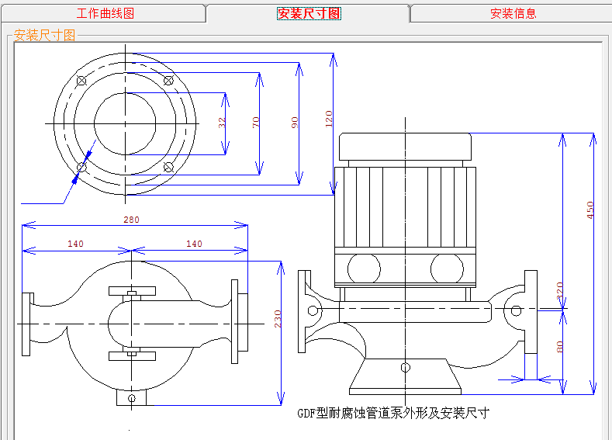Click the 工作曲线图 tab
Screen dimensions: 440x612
click(x=105, y=13)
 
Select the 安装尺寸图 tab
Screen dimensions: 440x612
click(x=309, y=13)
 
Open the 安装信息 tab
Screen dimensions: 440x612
click(x=513, y=13)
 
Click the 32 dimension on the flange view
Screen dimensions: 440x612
click(x=222, y=123)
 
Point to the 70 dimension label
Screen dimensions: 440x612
click(x=256, y=123)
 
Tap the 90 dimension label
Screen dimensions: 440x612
click(x=295, y=123)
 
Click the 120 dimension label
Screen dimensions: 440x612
click(x=329, y=119)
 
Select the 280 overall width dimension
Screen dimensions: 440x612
click(x=132, y=220)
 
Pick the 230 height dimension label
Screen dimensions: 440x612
click(x=275, y=319)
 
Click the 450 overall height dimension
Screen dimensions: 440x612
click(x=590, y=209)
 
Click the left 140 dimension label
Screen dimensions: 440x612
click(x=75, y=244)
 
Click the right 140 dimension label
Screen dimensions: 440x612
click(x=194, y=244)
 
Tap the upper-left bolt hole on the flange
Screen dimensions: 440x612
click(x=81, y=80)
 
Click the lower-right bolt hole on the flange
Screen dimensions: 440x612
click(x=168, y=167)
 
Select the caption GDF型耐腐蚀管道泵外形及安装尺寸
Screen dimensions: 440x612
click(x=393, y=413)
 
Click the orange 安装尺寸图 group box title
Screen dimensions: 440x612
click(x=45, y=36)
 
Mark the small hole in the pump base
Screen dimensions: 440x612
click(x=404, y=367)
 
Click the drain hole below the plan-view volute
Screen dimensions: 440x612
click(x=131, y=398)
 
